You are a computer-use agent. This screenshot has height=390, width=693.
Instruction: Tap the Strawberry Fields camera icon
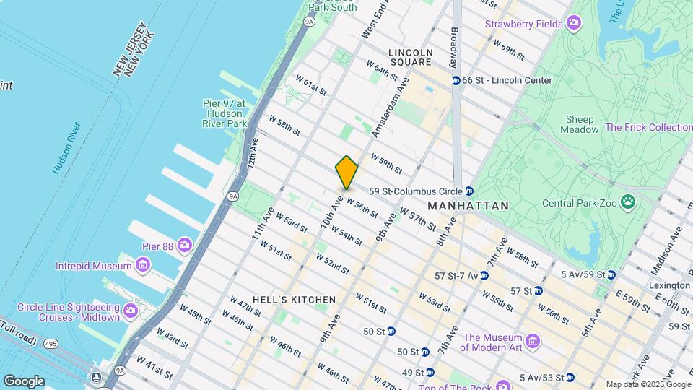click(x=574, y=24)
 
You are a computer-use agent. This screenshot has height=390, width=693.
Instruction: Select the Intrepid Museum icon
click(x=143, y=266)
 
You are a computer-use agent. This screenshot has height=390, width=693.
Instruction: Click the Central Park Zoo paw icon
click(x=629, y=203)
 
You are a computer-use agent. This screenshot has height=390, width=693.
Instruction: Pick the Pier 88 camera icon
click(x=186, y=246)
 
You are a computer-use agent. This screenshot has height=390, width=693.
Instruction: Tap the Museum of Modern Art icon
click(x=533, y=340)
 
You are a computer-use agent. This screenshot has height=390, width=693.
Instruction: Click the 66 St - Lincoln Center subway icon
click(x=456, y=80)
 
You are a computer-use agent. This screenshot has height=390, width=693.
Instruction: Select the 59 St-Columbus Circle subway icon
click(x=469, y=191)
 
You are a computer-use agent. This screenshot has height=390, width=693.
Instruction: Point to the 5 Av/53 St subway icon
click(x=570, y=377)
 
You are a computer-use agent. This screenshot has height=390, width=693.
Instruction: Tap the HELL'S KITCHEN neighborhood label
click(x=294, y=300)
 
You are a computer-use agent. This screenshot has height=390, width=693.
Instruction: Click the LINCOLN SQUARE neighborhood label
click(x=410, y=57)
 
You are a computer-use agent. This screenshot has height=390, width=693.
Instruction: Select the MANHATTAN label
click(x=468, y=206)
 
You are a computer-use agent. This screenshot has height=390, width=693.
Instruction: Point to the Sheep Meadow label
click(x=580, y=124)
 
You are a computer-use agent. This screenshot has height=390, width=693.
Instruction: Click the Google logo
click(x=24, y=381)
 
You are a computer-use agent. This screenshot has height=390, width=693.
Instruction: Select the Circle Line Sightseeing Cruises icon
click(x=131, y=311)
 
